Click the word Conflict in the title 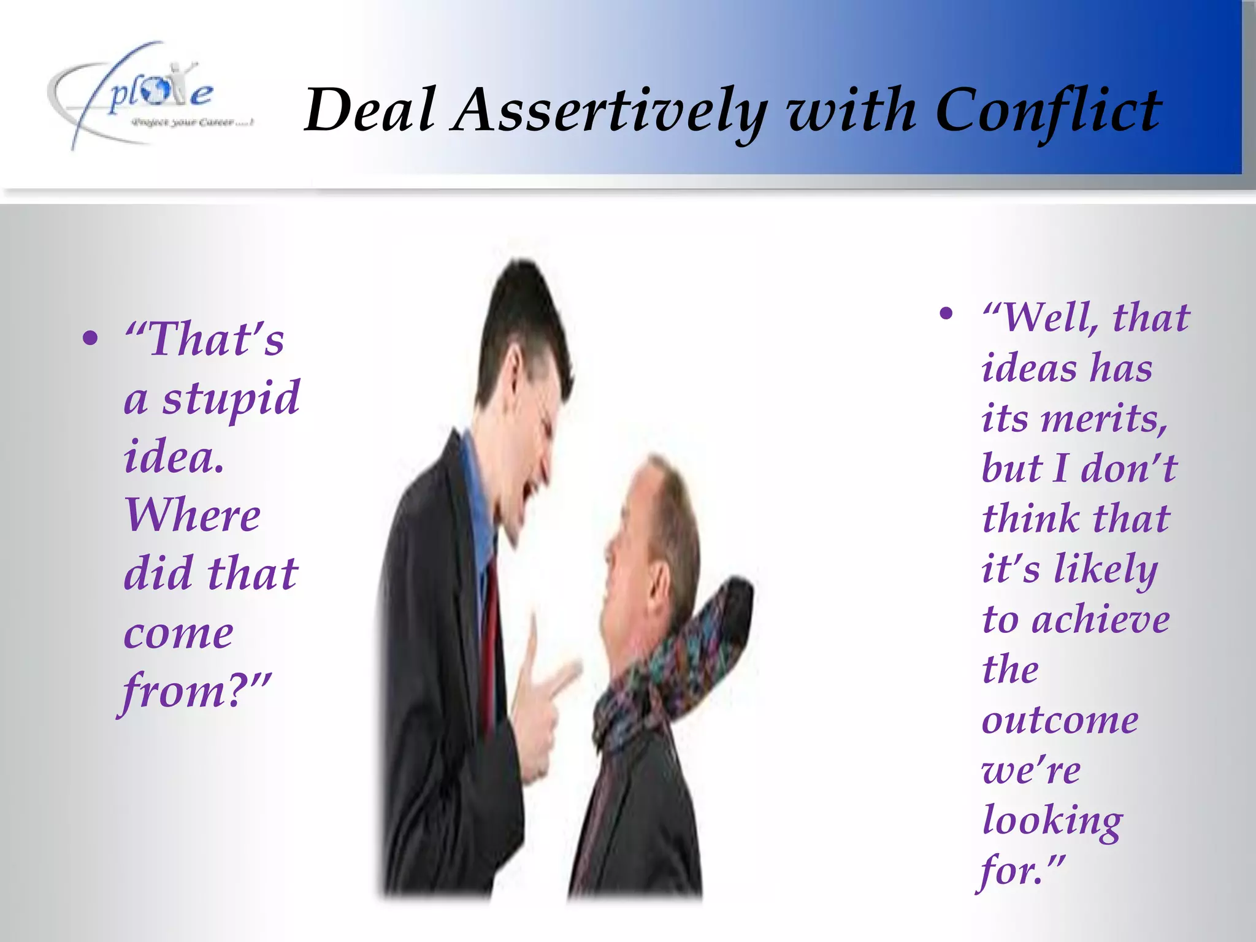1048,111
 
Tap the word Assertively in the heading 609,111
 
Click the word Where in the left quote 193,515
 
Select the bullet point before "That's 90,338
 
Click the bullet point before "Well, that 946,314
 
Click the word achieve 1101,619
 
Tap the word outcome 1060,720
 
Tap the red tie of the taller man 490,644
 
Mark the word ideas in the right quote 1030,369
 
